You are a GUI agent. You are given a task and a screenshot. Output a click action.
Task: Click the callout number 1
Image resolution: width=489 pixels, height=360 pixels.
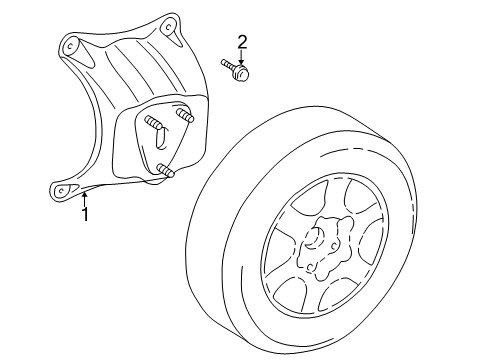(x=86, y=213)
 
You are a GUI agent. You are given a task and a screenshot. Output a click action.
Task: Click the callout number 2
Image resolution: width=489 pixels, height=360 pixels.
(x=241, y=41)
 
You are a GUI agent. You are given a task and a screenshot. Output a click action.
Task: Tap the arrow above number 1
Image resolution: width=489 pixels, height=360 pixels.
(x=85, y=197)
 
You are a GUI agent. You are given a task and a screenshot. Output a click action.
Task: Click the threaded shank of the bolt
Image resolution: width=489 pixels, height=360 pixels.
(x=228, y=66)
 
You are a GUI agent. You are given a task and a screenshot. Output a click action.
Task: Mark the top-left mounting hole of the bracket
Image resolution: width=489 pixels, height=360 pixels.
(x=70, y=45)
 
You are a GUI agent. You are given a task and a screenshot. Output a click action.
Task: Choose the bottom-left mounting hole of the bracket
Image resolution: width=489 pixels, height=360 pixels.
(x=62, y=187)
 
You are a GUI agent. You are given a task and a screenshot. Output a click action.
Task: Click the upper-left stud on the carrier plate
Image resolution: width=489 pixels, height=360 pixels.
(x=156, y=124)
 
